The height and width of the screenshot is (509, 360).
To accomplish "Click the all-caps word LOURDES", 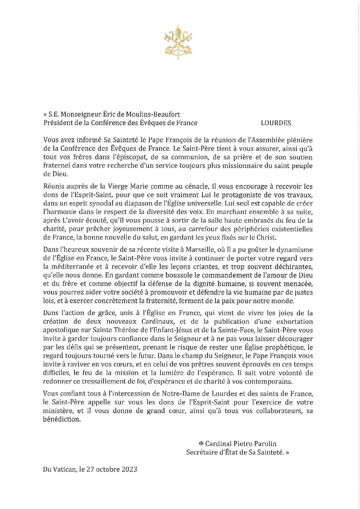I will click(x=276, y=123).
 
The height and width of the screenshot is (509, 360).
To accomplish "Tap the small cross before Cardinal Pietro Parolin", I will click(x=200, y=444).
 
